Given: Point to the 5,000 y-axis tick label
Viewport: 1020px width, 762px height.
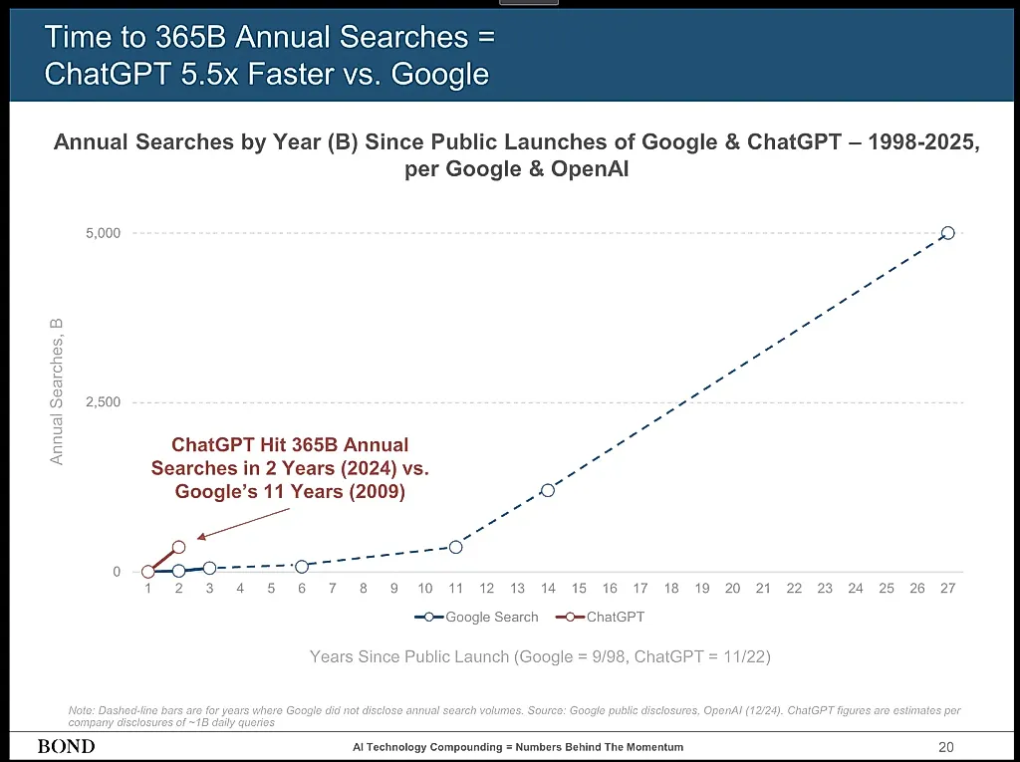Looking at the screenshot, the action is coord(104,233).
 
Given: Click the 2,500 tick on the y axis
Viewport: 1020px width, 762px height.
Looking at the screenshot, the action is coord(104,402).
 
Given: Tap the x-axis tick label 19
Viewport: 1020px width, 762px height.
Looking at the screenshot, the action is coord(702,589).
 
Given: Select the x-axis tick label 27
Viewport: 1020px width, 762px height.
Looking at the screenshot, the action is coord(948,589).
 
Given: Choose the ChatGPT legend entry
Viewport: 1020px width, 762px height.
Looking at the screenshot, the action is coord(600,617).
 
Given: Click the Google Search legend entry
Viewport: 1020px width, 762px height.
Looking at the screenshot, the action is coord(476,617).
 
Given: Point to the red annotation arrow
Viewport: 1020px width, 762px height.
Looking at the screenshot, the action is coord(243,523).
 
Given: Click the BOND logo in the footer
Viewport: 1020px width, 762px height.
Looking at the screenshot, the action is coord(67,746).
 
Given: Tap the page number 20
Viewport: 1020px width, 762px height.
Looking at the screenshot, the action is coord(946,747).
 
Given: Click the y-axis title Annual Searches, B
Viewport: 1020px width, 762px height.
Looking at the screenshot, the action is coord(57,391).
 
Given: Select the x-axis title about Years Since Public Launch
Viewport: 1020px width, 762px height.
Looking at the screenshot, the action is coord(540,656).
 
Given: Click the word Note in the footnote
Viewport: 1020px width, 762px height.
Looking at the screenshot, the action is coord(82,710).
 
